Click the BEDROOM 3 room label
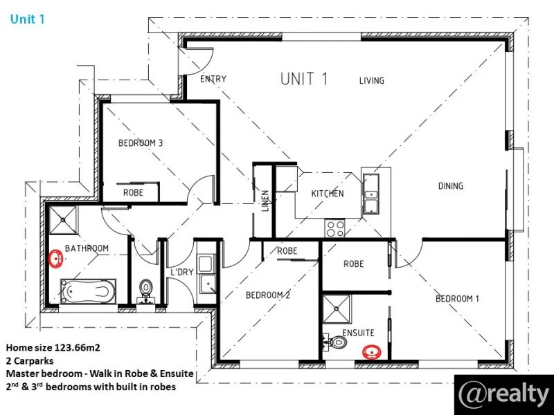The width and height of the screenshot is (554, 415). [141, 143]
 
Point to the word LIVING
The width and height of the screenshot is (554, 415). [371, 81]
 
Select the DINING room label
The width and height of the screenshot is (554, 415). [450, 186]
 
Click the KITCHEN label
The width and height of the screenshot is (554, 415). [327, 194]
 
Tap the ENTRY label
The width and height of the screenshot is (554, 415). [213, 79]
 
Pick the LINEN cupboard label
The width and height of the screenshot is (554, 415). [265, 200]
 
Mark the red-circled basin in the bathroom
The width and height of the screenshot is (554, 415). [57, 259]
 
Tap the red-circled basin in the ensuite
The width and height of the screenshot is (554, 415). [373, 353]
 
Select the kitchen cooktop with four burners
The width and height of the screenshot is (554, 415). [336, 227]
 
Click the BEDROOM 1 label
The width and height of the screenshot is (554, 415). [457, 299]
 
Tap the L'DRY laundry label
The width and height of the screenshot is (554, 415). [181, 272]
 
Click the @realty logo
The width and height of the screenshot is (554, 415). [503, 394]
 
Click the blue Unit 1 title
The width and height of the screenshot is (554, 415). [28, 19]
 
